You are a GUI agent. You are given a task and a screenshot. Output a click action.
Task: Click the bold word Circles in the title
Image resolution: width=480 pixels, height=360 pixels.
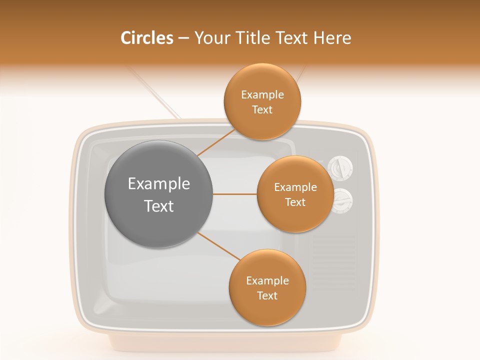[x=146, y=38]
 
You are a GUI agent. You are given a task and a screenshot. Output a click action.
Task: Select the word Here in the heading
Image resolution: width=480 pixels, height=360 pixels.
[x=332, y=38]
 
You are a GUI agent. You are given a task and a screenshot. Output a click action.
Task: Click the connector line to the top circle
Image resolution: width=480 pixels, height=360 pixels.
[x=216, y=142]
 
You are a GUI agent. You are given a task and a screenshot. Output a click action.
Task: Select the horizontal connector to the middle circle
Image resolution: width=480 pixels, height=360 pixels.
[x=234, y=194]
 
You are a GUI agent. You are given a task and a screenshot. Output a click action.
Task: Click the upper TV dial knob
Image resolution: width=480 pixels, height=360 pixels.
[x=340, y=168]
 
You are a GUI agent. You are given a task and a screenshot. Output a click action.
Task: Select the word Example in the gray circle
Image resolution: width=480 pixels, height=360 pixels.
[x=158, y=184]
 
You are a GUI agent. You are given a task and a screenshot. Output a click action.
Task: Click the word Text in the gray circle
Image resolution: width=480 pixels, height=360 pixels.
[x=158, y=206]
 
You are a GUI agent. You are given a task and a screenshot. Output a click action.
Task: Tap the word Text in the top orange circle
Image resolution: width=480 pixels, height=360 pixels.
[x=262, y=110]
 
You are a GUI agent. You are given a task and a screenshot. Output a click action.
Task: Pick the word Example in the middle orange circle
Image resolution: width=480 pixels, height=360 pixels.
[x=295, y=187]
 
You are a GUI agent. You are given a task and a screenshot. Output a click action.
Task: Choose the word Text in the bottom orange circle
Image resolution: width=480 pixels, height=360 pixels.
[x=267, y=296]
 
